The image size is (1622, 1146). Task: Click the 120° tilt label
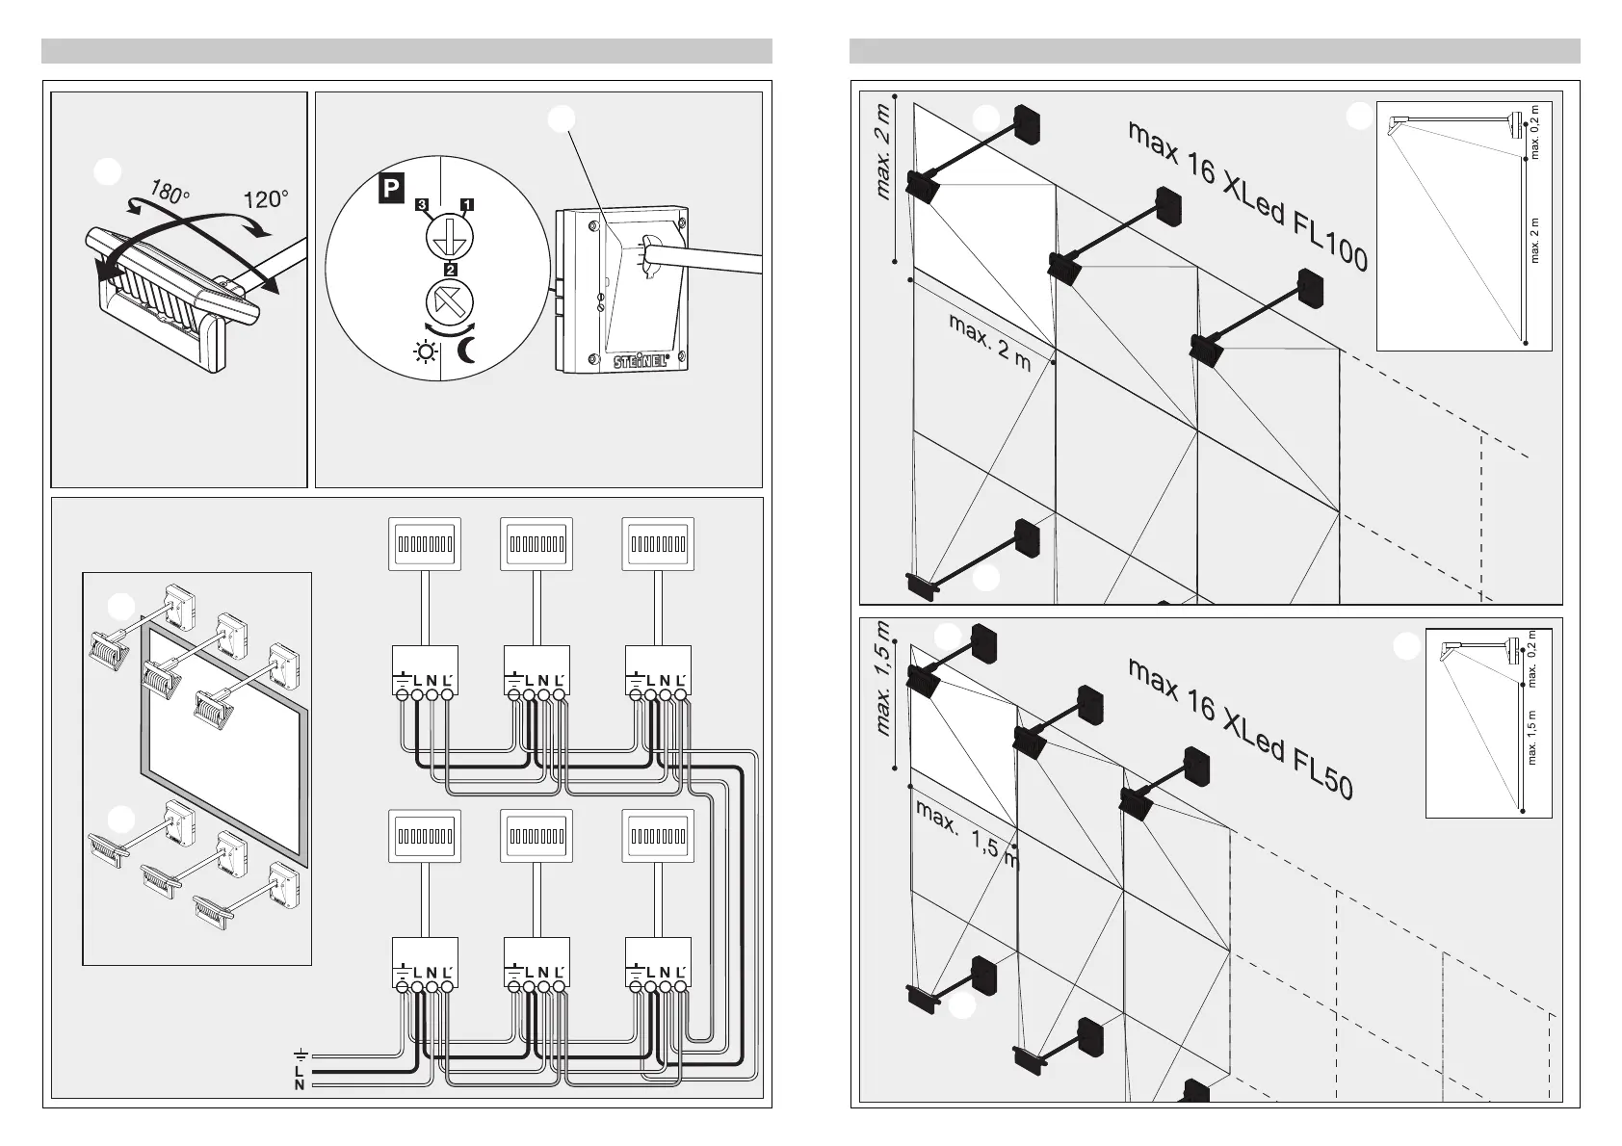tap(266, 199)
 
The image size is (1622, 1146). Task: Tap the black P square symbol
tap(389, 189)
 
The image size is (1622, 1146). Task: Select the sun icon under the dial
tap(424, 353)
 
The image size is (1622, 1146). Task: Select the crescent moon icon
tap(467, 352)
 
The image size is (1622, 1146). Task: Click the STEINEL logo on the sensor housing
tap(642, 361)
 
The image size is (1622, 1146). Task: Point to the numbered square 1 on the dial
tap(467, 204)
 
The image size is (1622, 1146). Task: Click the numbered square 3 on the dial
tap(421, 204)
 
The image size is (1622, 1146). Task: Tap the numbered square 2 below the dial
tap(449, 269)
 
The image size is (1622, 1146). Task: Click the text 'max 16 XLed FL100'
tap(1247, 196)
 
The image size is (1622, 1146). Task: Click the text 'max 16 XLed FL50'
tap(1241, 728)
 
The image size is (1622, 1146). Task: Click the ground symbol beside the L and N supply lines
tap(301, 1054)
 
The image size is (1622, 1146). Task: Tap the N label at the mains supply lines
tap(300, 1085)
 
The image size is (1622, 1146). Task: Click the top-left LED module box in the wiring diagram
tap(424, 544)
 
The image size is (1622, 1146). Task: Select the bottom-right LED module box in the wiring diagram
tap(660, 836)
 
